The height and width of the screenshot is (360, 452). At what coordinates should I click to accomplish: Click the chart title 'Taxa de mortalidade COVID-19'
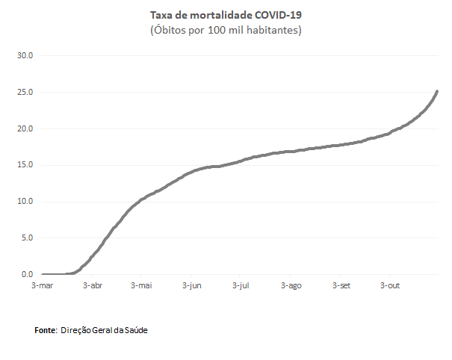tap(226, 15)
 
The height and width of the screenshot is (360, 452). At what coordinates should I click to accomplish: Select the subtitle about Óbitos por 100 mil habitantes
tap(226, 30)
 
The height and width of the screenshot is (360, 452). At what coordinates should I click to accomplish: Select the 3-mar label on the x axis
tap(42, 285)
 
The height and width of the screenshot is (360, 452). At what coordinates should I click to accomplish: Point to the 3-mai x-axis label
tap(141, 285)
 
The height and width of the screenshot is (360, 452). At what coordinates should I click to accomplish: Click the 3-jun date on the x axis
tap(191, 285)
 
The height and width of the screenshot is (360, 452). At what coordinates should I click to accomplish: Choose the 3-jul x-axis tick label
tap(241, 285)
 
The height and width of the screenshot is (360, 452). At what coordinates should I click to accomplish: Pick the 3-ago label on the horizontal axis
tap(291, 285)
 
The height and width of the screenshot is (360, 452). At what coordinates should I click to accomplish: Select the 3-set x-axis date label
tap(341, 285)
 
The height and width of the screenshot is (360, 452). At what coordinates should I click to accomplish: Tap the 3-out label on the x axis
tap(391, 285)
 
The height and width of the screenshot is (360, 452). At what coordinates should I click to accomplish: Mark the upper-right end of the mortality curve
tap(437, 91)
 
